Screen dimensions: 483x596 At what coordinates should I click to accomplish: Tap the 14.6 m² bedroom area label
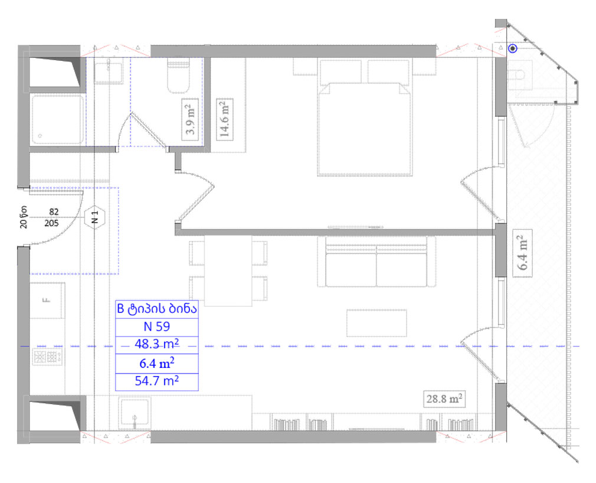[224, 119]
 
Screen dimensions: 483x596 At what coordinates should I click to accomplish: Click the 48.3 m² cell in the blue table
[156, 344]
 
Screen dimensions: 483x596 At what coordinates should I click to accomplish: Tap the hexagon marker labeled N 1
[94, 218]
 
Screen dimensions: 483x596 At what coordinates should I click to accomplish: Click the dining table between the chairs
[228, 270]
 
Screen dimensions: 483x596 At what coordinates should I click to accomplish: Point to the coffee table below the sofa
[376, 324]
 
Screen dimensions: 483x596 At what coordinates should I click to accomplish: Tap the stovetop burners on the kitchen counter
[47, 357]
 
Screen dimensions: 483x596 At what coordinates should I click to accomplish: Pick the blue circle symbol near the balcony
[513, 48]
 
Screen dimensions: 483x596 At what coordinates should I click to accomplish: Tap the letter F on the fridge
[47, 301]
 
